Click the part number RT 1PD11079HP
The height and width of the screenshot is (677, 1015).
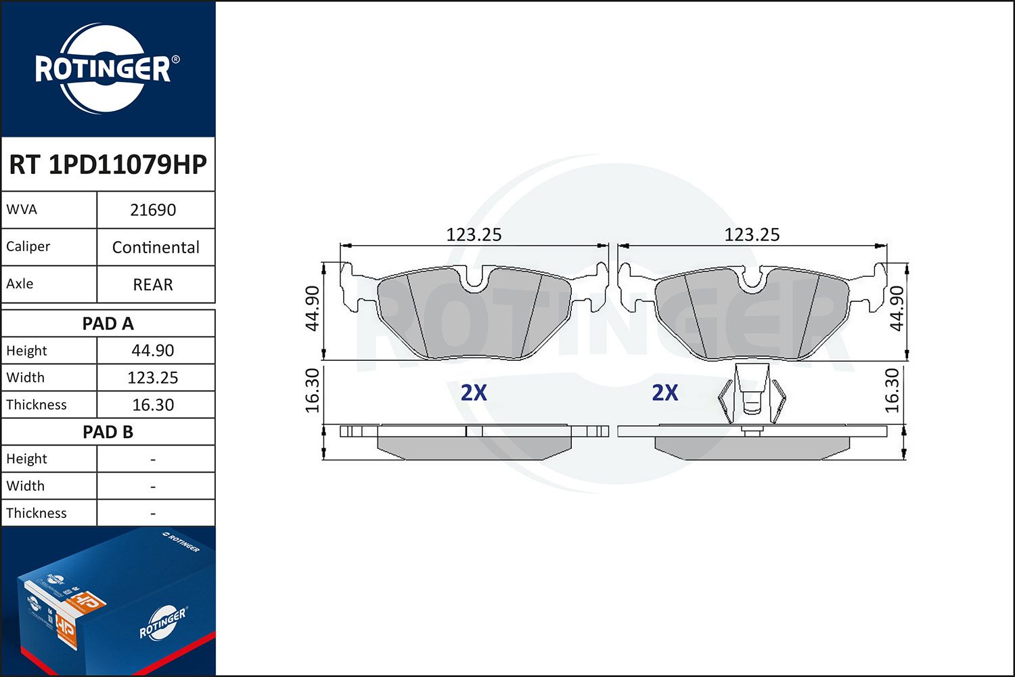tap(108, 165)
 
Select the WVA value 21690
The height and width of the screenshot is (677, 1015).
tap(153, 210)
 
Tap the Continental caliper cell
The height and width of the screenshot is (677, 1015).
tap(156, 247)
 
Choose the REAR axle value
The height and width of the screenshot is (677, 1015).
tap(153, 284)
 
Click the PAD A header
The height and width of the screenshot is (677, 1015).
tap(108, 324)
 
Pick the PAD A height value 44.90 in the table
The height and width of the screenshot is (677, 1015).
tap(153, 351)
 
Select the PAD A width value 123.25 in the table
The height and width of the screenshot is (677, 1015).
tap(153, 378)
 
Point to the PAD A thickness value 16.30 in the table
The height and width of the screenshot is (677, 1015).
tap(153, 405)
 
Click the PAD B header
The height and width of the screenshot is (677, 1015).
tap(108, 432)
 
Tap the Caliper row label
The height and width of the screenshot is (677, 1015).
tap(28, 247)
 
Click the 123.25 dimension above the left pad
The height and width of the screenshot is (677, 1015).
tap(474, 235)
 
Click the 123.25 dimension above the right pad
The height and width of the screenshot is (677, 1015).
tap(752, 235)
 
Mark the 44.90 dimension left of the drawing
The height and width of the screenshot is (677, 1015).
tap(312, 308)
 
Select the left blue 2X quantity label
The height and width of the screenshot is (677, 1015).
tap(474, 393)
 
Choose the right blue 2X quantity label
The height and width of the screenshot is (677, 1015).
tap(664, 393)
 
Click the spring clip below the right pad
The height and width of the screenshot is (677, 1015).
tap(752, 396)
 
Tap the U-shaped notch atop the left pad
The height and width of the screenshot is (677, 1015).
tap(476, 279)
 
